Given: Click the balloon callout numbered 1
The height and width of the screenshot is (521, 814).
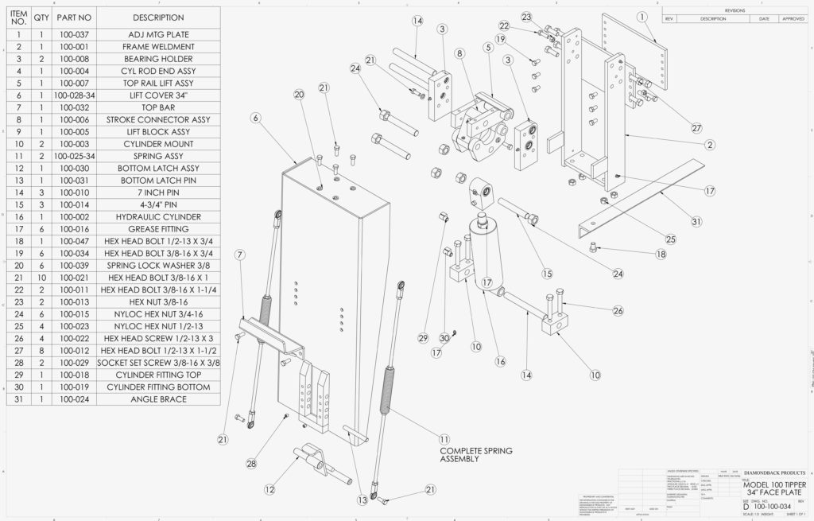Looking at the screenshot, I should [642, 17].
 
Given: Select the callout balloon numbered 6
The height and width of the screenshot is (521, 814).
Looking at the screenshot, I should [255, 118].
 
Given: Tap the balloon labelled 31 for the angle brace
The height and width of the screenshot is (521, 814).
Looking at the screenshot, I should [696, 222].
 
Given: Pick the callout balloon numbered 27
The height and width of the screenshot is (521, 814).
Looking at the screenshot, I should [696, 128].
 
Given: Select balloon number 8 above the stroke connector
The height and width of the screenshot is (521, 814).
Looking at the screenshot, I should [459, 53].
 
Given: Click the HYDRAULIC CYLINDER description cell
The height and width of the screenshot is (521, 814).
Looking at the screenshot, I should [157, 216].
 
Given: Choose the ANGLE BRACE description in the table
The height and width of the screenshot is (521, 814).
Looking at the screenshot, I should [157, 399].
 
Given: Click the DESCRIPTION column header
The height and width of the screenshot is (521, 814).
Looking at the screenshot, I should [157, 17].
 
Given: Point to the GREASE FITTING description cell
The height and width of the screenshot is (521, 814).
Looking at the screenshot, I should [157, 228].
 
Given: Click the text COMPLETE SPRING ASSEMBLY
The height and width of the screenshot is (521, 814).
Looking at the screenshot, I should [476, 455].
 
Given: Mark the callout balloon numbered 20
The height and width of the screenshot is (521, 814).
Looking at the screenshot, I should [299, 95].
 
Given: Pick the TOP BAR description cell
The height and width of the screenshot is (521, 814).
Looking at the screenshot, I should [157, 107].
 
